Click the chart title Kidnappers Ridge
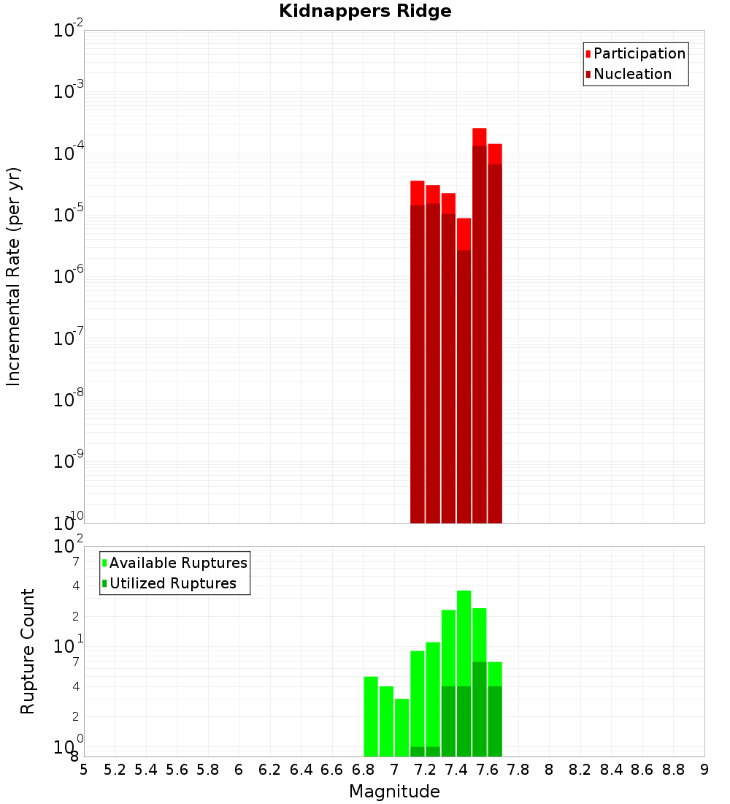(365, 11)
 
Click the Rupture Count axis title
(28, 651)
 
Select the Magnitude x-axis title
(394, 792)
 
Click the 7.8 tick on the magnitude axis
(518, 770)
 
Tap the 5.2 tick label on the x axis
(115, 770)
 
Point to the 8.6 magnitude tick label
(642, 770)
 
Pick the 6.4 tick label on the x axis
(301, 770)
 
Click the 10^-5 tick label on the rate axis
(69, 215)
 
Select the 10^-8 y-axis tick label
(69, 400)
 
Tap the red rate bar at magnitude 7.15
(418, 351)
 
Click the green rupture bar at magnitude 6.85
(371, 716)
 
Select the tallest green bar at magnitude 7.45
(464, 672)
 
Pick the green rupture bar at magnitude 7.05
(402, 727)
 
